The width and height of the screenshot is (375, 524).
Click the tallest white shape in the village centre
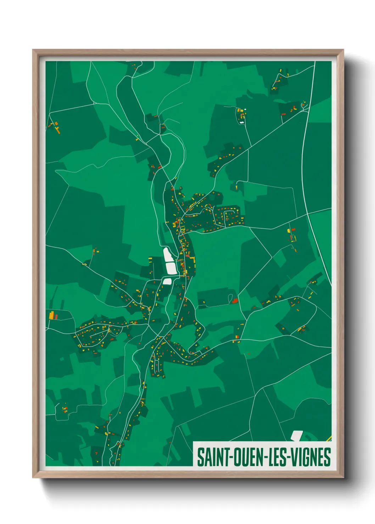[x=167, y=254]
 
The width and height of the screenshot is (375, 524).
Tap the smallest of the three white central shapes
[x=167, y=281]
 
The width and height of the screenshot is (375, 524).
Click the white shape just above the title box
[x=296, y=435]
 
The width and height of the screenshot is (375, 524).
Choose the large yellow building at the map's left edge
[x=52, y=315]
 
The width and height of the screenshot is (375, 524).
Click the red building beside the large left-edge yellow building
[x=56, y=316]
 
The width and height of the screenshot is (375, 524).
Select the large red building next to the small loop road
[x=235, y=301]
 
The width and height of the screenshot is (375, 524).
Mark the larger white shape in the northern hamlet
[x=242, y=123]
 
